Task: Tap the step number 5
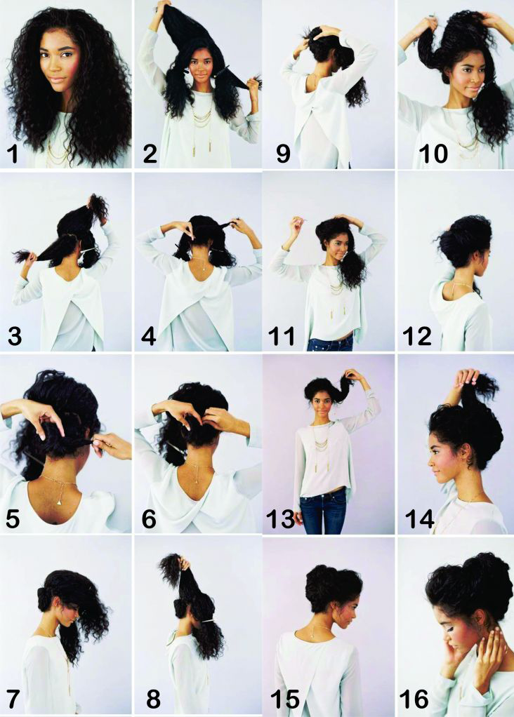click(14, 518)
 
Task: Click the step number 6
click(149, 518)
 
